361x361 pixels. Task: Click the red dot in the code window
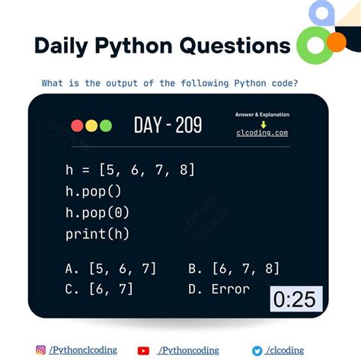77,126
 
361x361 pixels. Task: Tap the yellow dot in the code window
91,126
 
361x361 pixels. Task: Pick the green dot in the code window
106,126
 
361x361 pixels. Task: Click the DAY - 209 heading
168,125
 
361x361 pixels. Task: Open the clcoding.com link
262,133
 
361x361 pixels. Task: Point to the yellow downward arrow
263,123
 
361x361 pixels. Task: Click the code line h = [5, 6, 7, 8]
130,169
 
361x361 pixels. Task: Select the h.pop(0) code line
99,212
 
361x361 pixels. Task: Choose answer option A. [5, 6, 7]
111,268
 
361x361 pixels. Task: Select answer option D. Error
219,289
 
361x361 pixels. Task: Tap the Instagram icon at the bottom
40,350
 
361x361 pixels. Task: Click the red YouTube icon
143,350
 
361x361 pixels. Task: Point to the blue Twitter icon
258,350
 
